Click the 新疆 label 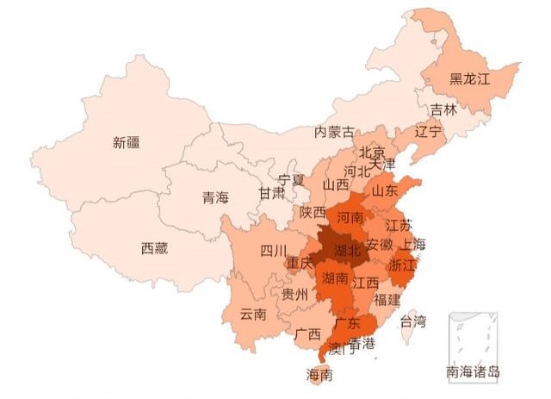tap(126, 143)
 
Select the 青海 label tap(216, 197)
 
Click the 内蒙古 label tap(333, 132)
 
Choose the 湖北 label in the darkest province tap(341, 250)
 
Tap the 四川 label tap(274, 251)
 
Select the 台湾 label tap(413, 321)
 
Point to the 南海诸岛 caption tap(473, 372)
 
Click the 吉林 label tap(444, 109)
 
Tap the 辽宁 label tap(428, 132)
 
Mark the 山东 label tap(385, 190)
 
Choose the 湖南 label tap(335, 278)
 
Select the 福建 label tap(387, 301)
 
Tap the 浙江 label tap(402, 264)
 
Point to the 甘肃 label tap(272, 194)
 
